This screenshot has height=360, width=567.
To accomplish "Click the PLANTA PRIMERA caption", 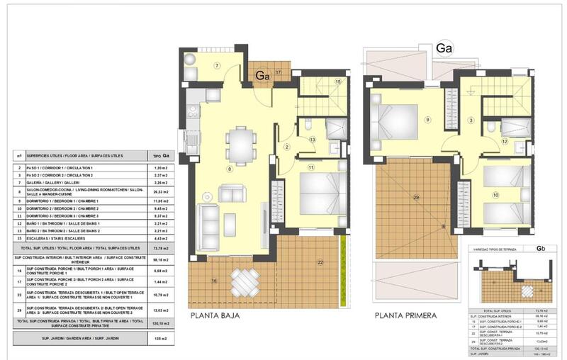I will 407,315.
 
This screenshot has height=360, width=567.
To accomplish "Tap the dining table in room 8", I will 240,145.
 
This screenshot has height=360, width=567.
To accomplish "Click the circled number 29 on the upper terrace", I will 416,196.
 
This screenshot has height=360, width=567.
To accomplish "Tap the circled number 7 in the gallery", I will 218,66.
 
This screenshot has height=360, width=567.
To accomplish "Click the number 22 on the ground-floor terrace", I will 320,262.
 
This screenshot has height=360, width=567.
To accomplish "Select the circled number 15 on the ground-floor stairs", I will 338,82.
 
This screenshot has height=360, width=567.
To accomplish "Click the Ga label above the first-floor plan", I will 444,48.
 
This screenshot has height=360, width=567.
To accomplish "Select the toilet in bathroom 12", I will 492,128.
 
